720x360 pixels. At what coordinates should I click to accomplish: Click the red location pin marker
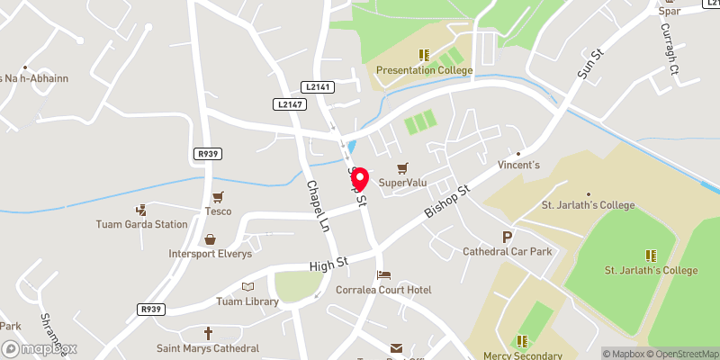[x=359, y=178]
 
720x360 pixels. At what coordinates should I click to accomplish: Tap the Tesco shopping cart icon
[x=217, y=197]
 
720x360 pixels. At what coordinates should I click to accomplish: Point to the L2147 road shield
[x=289, y=104]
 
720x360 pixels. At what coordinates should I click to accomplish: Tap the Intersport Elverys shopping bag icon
[x=210, y=239]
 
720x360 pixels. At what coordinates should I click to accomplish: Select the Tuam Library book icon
[x=247, y=286]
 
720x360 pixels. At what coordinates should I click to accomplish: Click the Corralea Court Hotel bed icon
[x=384, y=274]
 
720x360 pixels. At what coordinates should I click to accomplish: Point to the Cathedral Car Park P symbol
[x=508, y=238]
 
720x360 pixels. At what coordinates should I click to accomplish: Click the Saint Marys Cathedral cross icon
[x=208, y=333]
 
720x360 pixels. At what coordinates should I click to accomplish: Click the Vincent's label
[x=519, y=166]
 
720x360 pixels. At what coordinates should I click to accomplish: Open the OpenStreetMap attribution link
[x=678, y=354]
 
